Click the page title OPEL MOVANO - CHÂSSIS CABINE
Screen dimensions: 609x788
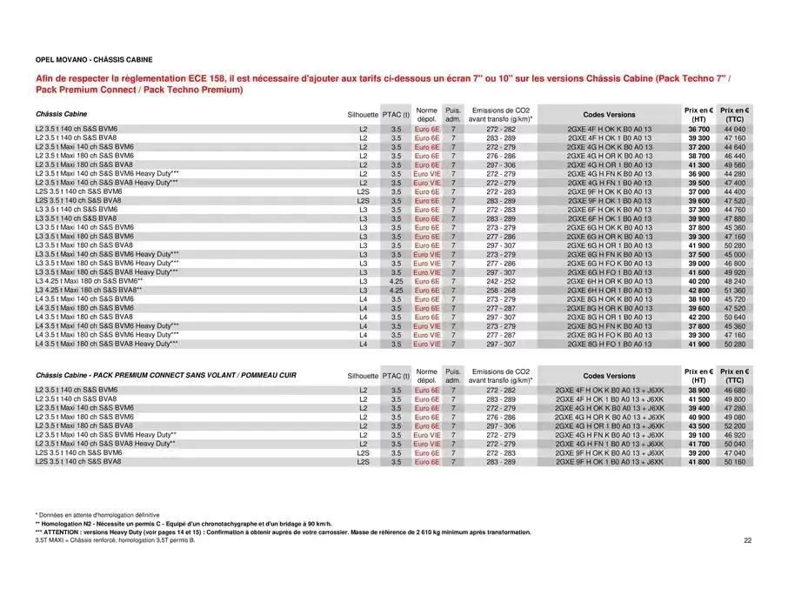click(x=94, y=60)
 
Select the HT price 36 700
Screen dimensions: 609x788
click(x=698, y=129)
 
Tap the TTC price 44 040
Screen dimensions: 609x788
click(x=734, y=129)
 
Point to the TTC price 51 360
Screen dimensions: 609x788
click(x=734, y=290)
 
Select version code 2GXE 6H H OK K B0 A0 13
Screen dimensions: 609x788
click(x=609, y=281)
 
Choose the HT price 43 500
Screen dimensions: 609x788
click(x=698, y=425)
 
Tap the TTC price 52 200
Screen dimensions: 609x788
click(x=734, y=425)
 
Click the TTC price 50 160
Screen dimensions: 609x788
click(x=734, y=462)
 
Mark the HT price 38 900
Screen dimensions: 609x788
click(x=698, y=390)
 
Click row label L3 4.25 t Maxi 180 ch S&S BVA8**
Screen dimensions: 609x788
click(x=88, y=290)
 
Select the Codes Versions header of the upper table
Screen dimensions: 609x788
click(x=609, y=114)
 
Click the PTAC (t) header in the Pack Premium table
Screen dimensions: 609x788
click(x=396, y=376)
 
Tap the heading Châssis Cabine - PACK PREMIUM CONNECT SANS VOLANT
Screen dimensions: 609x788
click(x=165, y=375)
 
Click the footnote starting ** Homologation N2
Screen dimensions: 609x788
click(x=183, y=523)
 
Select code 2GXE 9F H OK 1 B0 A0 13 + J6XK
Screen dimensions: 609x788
click(x=609, y=462)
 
